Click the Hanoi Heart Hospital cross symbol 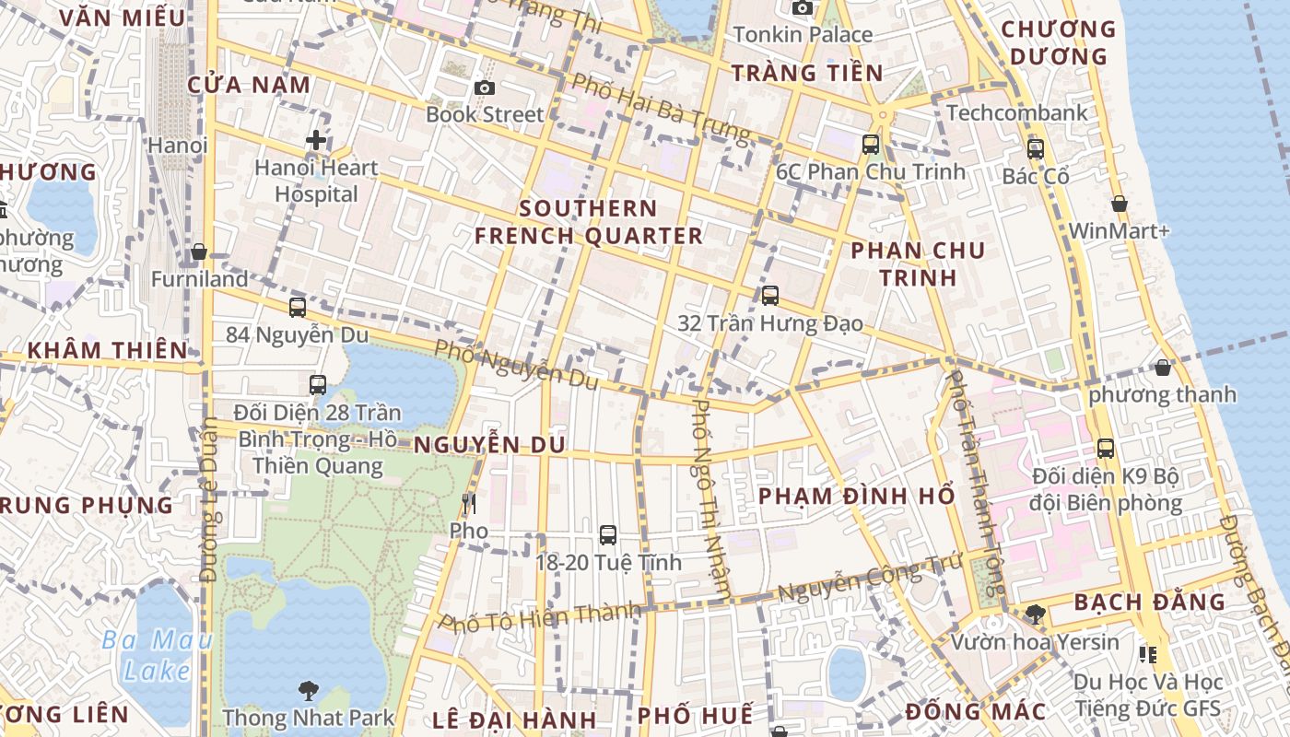[x=316, y=141]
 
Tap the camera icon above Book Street [x=485, y=88]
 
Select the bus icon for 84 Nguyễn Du [x=297, y=308]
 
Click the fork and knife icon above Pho [x=469, y=503]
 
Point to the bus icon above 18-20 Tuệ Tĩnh [x=607, y=534]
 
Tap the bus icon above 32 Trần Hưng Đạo [x=769, y=296]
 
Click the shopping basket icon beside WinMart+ [x=1119, y=204]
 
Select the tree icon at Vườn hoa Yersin [x=1035, y=614]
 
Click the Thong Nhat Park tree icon [x=308, y=689]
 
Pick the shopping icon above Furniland [x=198, y=252]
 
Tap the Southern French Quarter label [x=588, y=222]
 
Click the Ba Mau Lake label [x=157, y=655]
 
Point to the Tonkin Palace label [x=803, y=35]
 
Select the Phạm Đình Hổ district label [x=856, y=496]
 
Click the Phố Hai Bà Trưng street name [x=661, y=108]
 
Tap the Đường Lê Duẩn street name [x=208, y=499]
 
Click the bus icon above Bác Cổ [x=1035, y=148]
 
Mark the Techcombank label [x=1016, y=113]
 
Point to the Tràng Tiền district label [x=806, y=73]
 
